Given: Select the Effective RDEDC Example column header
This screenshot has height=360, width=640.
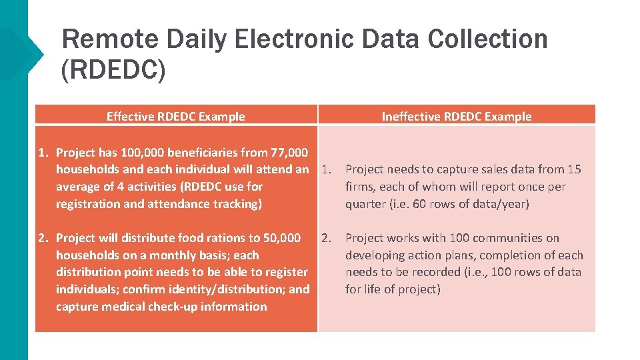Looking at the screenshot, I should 175,117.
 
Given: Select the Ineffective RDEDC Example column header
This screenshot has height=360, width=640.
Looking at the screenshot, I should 457,117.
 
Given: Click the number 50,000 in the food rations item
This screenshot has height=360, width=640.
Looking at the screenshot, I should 279,238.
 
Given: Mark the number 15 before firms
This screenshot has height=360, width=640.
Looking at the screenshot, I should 574,170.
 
